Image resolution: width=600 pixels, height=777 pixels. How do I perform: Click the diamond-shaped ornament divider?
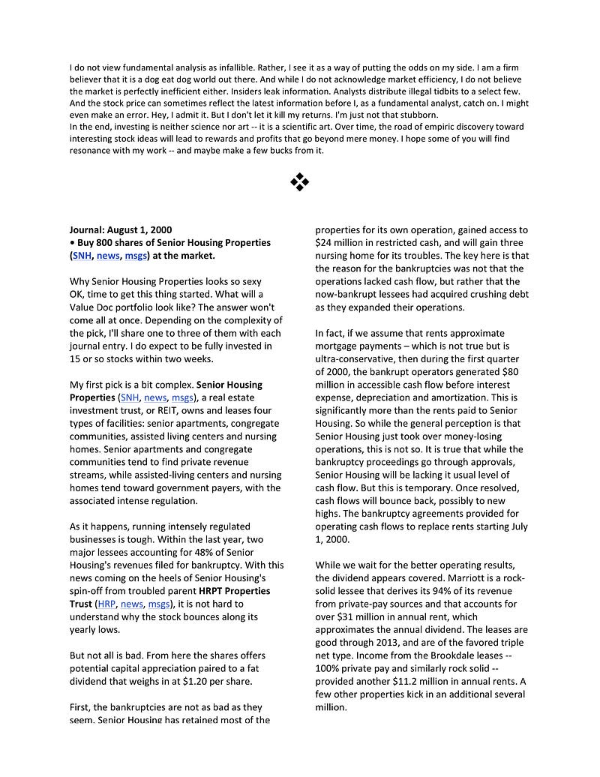click(299, 181)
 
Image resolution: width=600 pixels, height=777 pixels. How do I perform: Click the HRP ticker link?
click(107, 604)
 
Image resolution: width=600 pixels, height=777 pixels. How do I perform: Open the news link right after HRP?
click(132, 604)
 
